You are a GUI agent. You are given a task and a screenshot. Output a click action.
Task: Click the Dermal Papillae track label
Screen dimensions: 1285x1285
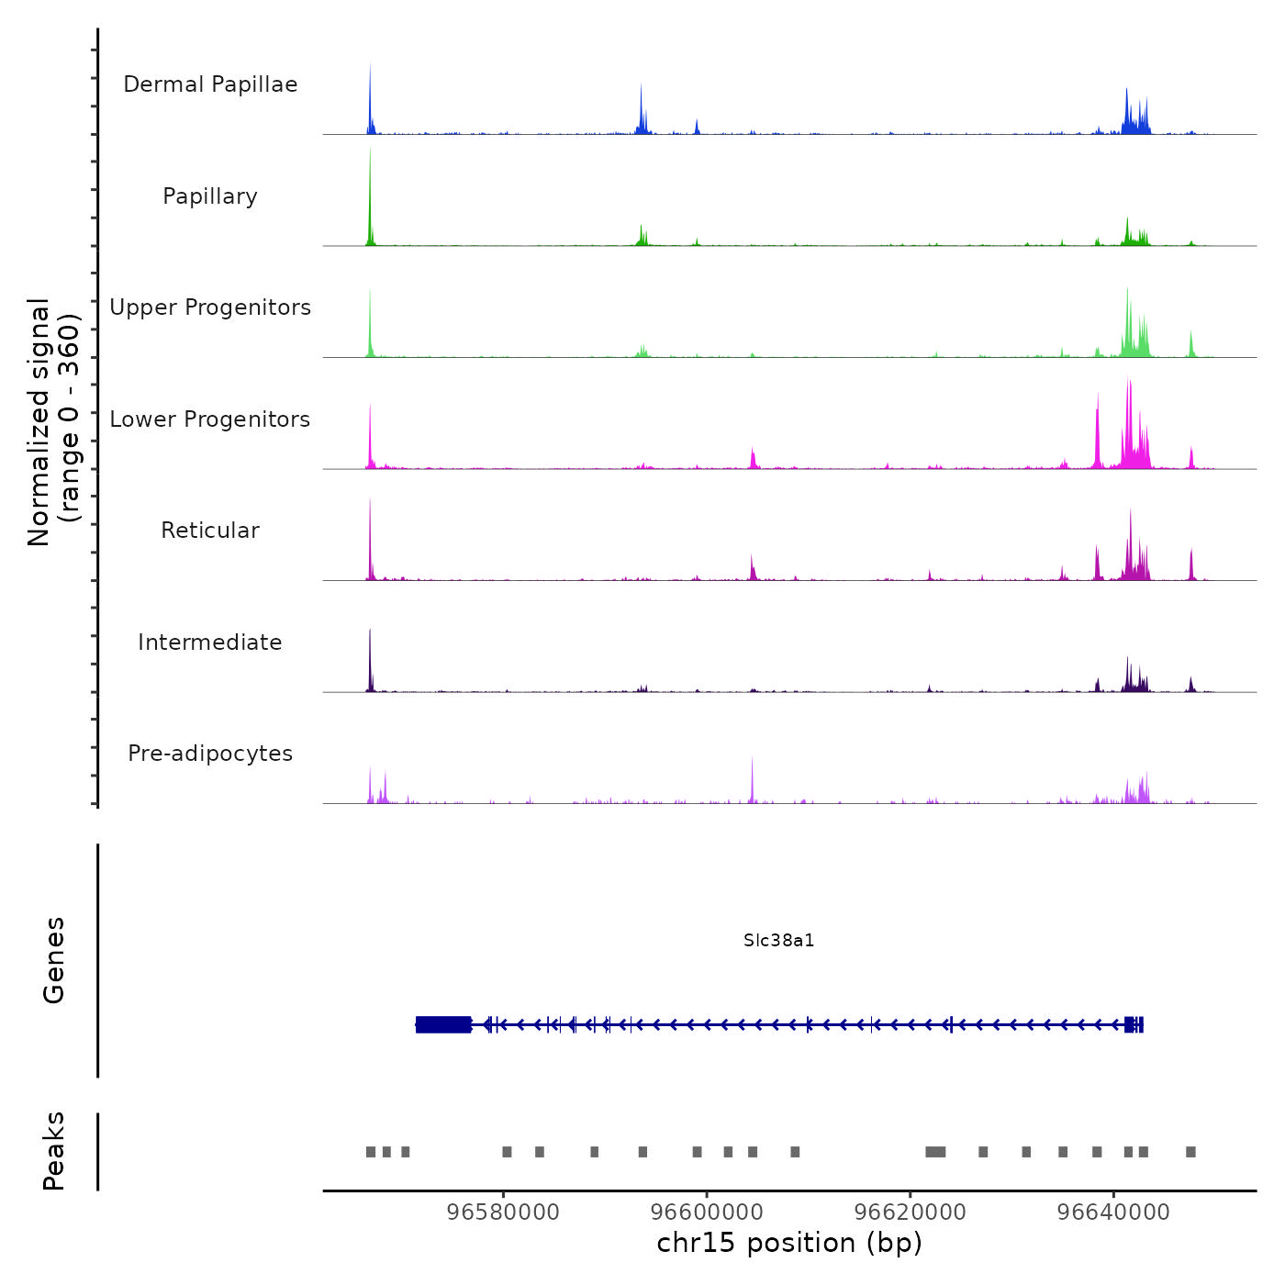pos(210,84)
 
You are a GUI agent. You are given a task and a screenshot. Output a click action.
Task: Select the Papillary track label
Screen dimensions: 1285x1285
pos(210,196)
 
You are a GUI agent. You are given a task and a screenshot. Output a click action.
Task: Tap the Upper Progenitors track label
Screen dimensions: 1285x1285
pos(210,307)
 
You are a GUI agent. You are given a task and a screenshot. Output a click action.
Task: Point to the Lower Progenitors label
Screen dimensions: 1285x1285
pos(210,419)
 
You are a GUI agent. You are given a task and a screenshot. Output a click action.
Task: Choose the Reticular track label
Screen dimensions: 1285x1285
pos(210,531)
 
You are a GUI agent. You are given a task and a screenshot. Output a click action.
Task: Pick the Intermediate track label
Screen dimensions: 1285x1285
pos(210,642)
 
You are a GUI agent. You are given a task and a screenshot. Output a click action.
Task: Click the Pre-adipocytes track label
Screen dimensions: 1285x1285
pos(210,754)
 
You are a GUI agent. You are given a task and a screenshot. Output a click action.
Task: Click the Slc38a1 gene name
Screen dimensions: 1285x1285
pos(778,941)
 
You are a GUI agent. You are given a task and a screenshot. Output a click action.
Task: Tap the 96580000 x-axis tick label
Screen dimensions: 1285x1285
pos(503,1212)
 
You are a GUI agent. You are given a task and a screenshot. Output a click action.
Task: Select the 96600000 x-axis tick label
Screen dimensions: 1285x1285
pos(707,1212)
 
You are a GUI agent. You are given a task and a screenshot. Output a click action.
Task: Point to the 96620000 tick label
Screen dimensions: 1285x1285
pos(911,1212)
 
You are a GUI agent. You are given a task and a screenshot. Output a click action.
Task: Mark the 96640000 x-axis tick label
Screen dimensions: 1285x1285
pos(1113,1212)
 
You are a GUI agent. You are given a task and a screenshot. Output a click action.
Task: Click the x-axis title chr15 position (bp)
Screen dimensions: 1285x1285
pos(789,1243)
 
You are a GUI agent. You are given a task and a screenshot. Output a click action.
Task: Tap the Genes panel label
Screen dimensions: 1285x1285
pos(54,960)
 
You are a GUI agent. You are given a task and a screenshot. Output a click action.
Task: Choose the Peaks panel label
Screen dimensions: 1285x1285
pos(54,1151)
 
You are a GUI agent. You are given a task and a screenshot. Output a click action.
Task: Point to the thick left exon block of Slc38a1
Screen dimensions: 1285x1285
pos(443,1024)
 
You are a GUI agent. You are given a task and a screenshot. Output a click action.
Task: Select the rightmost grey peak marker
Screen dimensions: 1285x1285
pos(1190,1152)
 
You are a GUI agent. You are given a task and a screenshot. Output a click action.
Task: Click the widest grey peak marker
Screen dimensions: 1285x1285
pos(935,1152)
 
